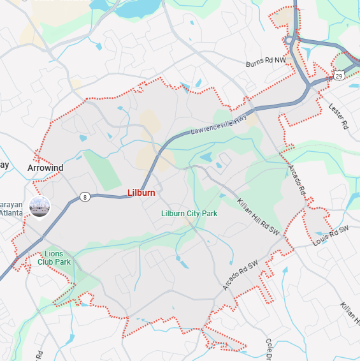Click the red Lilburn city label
[x=141, y=193]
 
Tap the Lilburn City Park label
[x=189, y=214]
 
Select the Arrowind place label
[x=45, y=168]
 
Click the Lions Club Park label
[x=54, y=258]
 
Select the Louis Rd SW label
[x=331, y=236]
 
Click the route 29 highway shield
[x=339, y=76]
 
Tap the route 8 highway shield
[x=85, y=197]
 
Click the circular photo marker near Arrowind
[x=40, y=206]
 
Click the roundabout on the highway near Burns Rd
[x=292, y=41]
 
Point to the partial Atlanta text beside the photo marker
[x=11, y=213]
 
